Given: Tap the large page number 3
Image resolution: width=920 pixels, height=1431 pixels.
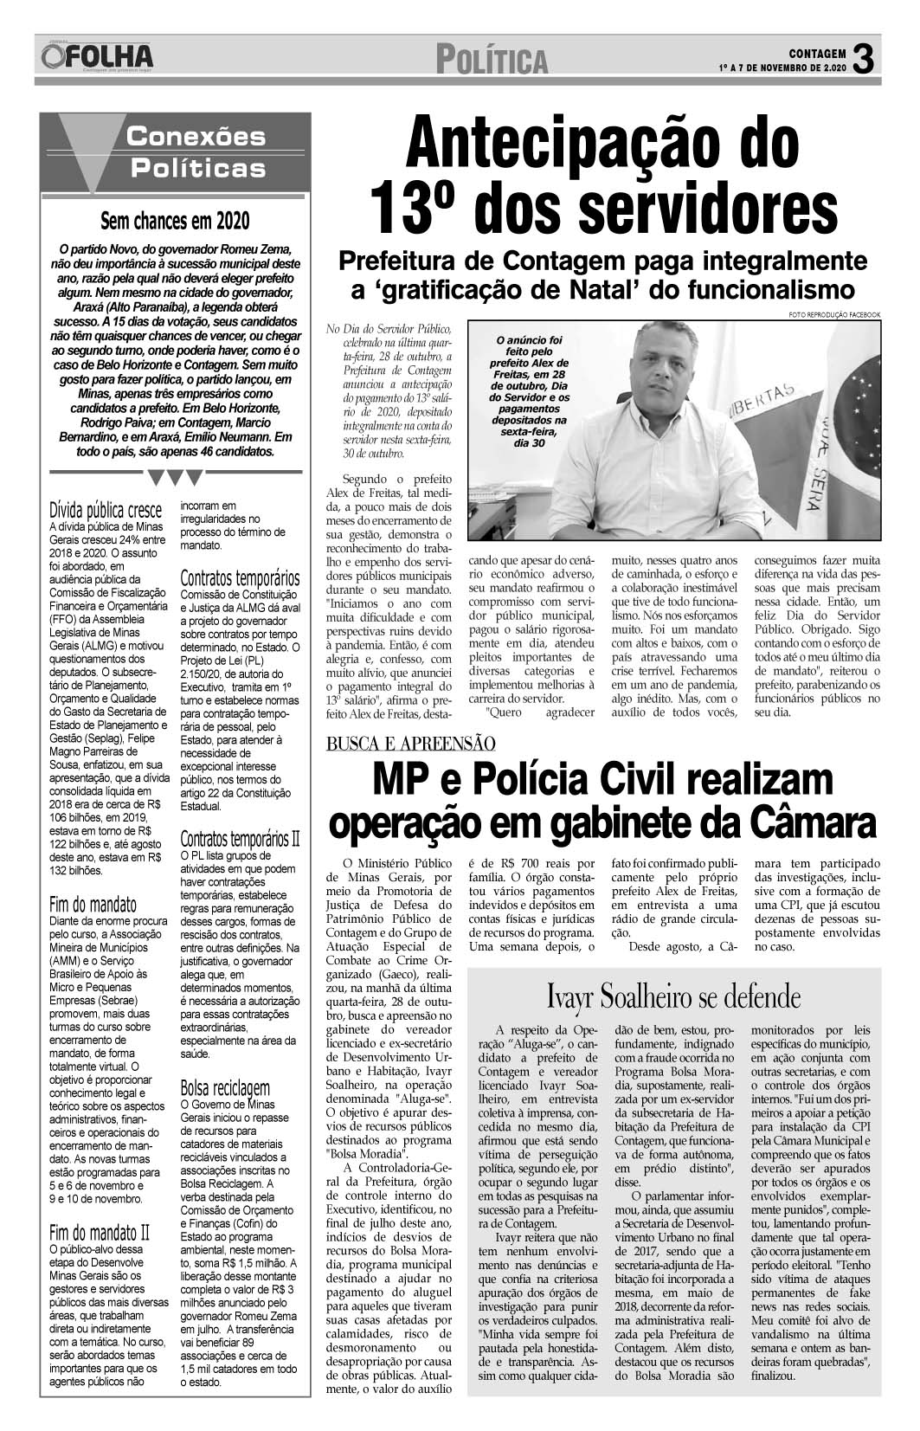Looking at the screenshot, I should (865, 58).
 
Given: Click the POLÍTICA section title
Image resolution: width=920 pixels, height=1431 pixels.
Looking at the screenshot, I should (492, 61).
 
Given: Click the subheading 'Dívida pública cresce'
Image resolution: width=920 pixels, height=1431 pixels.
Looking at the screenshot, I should (106, 509).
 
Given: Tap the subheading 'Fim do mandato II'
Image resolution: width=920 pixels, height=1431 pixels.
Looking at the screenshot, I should (100, 1232).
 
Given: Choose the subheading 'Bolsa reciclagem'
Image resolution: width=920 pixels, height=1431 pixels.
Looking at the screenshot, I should (225, 1087).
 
